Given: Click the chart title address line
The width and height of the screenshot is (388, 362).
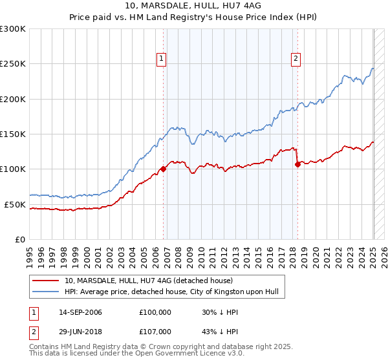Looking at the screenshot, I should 194,6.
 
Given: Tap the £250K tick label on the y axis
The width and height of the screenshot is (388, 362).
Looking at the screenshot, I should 13,64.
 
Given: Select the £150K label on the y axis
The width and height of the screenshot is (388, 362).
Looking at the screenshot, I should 13,134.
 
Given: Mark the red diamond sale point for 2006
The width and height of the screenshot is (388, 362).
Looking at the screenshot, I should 163,169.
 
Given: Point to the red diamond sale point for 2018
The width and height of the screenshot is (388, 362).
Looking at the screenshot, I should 297,164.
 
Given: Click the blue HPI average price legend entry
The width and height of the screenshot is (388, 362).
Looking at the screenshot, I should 171,292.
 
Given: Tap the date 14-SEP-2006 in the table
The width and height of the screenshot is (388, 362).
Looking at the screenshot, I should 80,312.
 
